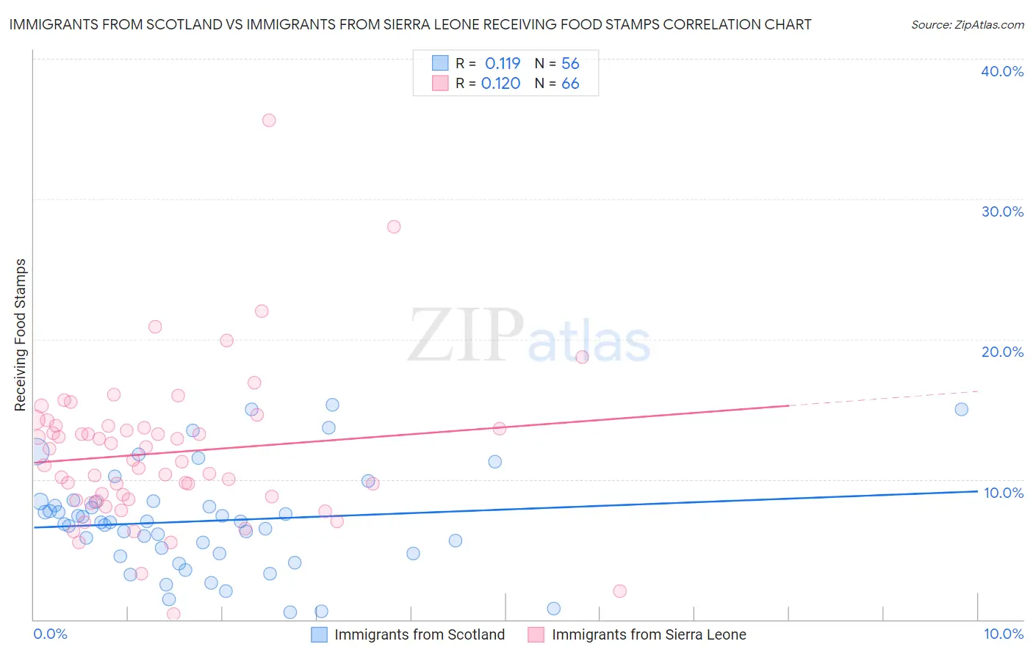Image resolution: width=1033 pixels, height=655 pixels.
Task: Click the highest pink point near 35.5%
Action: pyautogui.click(x=269, y=120)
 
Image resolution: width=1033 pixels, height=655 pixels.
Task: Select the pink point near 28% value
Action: pyautogui.click(x=394, y=227)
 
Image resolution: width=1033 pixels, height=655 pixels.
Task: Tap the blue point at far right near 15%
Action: pyautogui.click(x=961, y=410)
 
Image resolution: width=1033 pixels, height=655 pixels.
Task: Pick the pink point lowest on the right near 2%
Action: pyautogui.click(x=619, y=591)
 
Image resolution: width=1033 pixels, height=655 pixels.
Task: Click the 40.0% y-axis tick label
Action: pyautogui.click(x=1002, y=71)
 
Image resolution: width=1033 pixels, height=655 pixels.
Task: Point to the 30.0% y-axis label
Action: pyautogui.click(x=1002, y=211)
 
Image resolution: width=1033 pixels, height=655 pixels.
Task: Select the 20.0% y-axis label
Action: pyautogui.click(x=1002, y=352)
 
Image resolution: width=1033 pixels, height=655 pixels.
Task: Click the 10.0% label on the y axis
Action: pyautogui.click(x=1004, y=493)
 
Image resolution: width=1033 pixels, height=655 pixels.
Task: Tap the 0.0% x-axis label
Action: pyautogui.click(x=50, y=634)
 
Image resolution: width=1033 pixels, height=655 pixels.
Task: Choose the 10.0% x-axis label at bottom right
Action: pyautogui.click(x=1004, y=634)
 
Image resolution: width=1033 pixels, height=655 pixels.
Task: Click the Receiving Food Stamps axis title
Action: pyautogui.click(x=21, y=335)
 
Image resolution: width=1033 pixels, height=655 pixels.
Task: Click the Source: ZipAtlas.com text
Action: pyautogui.click(x=967, y=25)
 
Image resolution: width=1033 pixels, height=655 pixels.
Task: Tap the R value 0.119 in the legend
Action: pyautogui.click(x=503, y=64)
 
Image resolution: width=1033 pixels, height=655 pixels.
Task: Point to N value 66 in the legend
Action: pyautogui.click(x=570, y=84)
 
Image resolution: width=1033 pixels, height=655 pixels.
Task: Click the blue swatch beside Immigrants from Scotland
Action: pyautogui.click(x=319, y=634)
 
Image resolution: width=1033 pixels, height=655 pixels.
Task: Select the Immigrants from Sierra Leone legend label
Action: pyautogui.click(x=649, y=634)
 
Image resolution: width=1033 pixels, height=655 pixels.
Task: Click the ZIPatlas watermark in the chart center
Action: pyautogui.click(x=529, y=336)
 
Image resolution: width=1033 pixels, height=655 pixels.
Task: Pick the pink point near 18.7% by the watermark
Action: pyautogui.click(x=582, y=357)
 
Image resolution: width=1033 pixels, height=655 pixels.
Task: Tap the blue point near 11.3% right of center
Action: pyautogui.click(x=494, y=462)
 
